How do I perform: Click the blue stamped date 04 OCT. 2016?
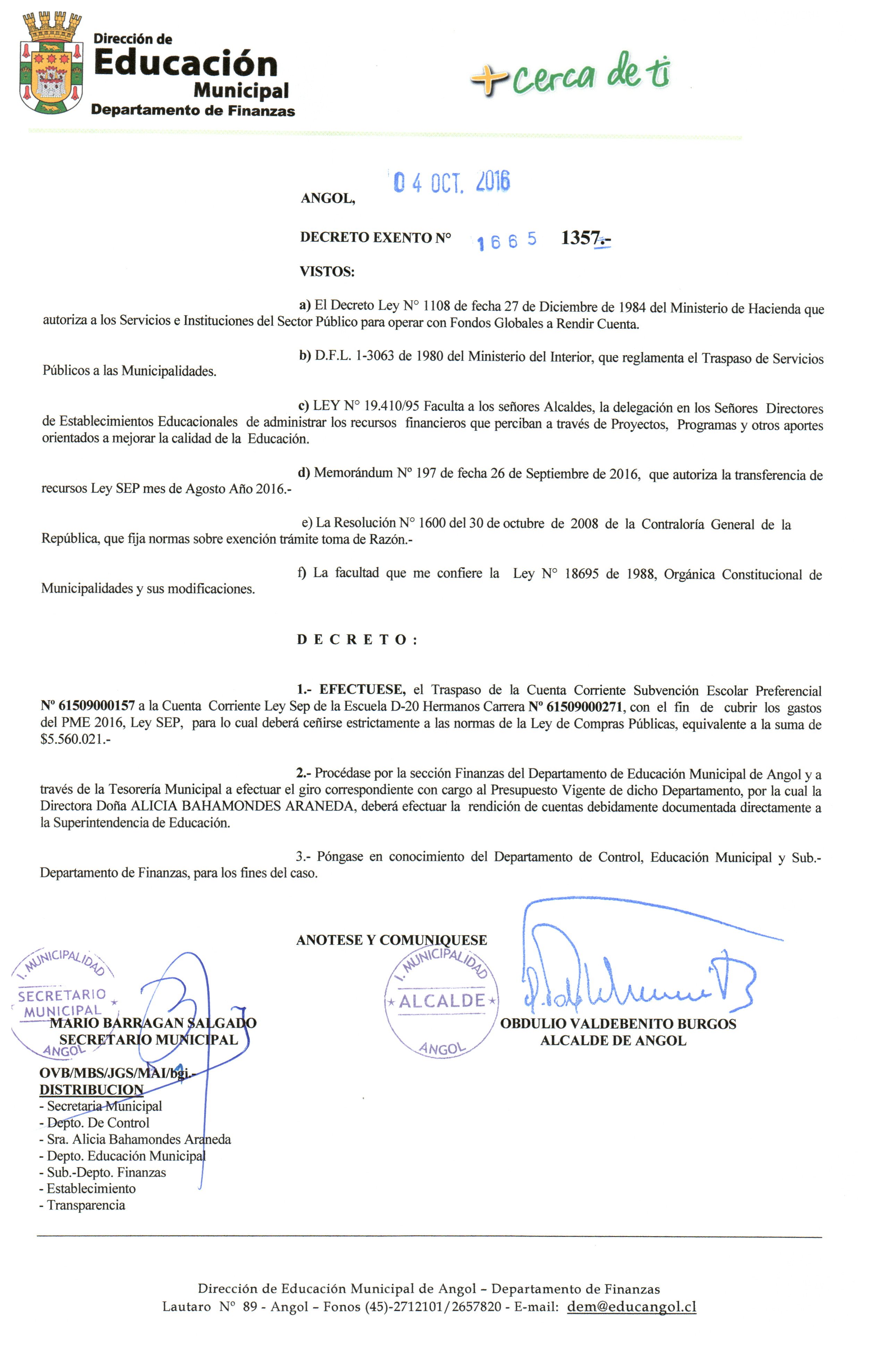point(452,182)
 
